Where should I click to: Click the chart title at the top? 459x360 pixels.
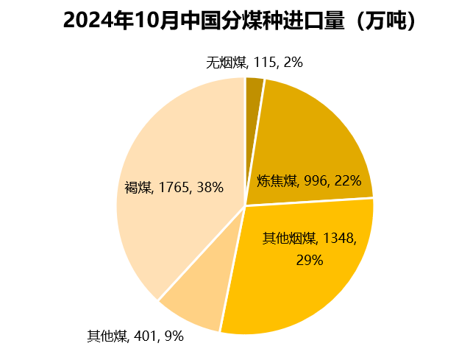coord(240,21)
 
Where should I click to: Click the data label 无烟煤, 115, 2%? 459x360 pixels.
coord(255,63)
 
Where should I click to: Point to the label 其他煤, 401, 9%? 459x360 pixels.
coord(135,336)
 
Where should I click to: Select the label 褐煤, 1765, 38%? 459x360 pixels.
coord(174,187)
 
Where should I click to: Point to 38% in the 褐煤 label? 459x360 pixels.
coord(210,187)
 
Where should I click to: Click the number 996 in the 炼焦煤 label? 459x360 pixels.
coord(315,181)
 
